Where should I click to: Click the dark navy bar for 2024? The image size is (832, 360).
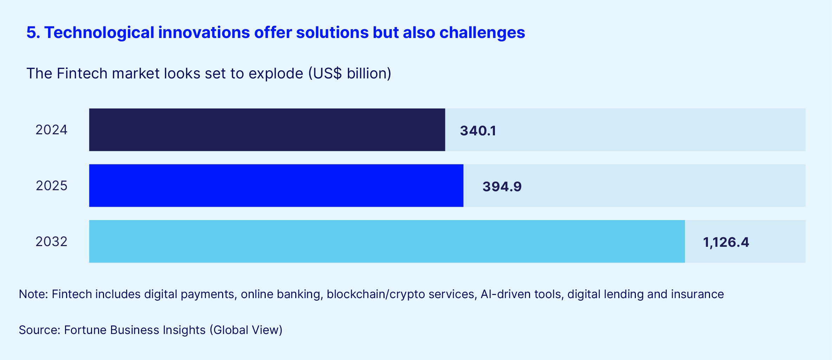click(267, 130)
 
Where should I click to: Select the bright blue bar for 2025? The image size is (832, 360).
click(276, 186)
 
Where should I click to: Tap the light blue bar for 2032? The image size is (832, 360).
click(387, 242)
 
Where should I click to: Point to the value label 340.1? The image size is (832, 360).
click(478, 131)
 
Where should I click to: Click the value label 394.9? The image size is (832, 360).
click(502, 187)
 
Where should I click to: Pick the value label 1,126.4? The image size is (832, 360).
click(726, 242)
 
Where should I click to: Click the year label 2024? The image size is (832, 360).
click(51, 130)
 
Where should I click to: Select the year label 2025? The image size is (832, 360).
click(51, 186)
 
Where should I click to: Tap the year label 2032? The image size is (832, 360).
click(51, 242)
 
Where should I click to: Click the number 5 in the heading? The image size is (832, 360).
click(32, 33)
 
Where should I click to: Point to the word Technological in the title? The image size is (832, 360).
click(99, 33)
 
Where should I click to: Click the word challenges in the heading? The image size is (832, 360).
click(482, 33)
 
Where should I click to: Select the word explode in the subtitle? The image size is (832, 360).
click(276, 73)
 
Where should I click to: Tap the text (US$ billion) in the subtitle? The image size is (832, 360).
click(350, 73)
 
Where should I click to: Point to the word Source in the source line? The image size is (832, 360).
click(39, 330)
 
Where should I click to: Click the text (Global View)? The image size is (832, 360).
click(246, 330)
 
